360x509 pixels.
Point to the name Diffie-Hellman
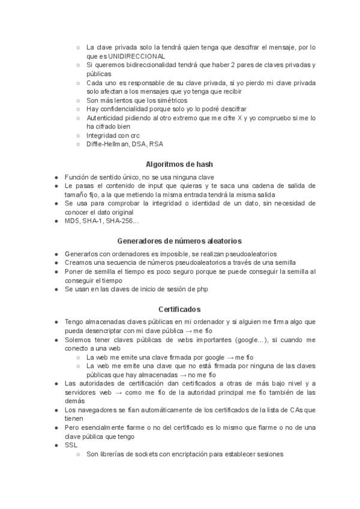107,144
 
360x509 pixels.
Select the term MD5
72,221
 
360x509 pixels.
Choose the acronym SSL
71,445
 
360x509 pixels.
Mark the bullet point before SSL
56,445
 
